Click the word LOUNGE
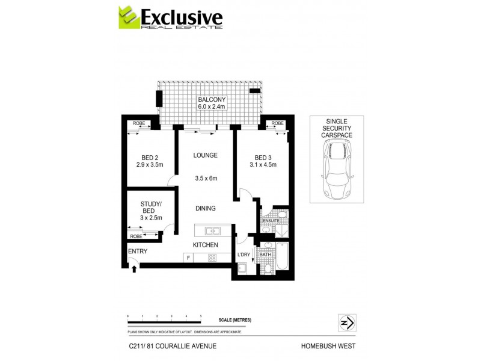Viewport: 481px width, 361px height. [205, 155]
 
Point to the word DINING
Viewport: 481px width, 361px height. [205, 208]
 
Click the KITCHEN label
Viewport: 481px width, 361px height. [205, 245]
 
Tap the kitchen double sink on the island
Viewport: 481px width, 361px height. [212, 230]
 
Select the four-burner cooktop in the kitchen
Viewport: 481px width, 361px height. [212, 258]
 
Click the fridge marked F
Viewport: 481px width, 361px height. [189, 258]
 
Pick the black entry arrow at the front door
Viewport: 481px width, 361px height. [134, 269]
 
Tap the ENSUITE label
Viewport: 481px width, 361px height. [271, 221]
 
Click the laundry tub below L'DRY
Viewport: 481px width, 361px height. [242, 269]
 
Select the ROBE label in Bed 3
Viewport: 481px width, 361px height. [277, 123]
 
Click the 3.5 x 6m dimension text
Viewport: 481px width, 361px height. [206, 178]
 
